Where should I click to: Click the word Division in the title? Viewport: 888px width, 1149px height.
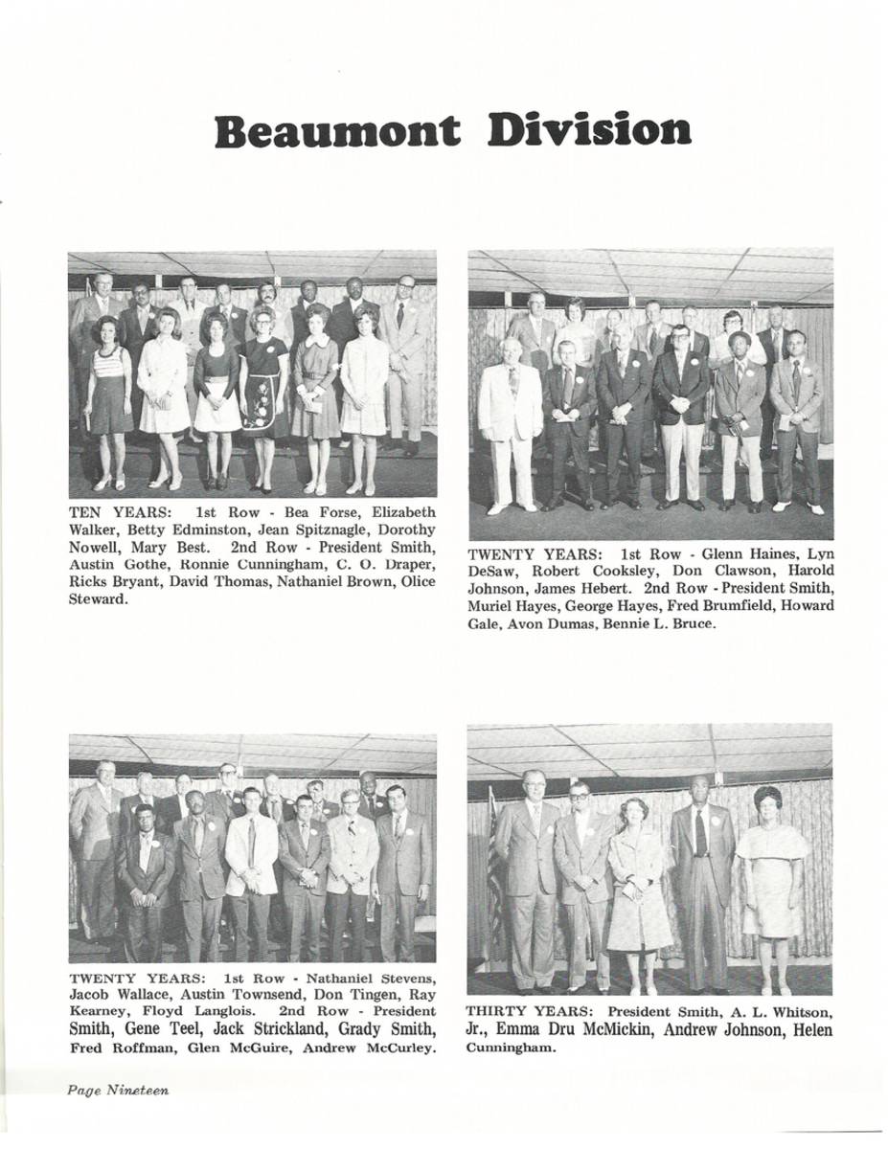(588, 131)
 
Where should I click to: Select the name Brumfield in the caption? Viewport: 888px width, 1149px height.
(697, 606)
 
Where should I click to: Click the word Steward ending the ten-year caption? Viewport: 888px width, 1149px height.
(99, 599)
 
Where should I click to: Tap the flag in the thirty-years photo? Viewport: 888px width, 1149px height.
(494, 862)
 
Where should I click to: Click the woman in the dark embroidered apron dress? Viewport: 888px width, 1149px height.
(264, 393)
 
